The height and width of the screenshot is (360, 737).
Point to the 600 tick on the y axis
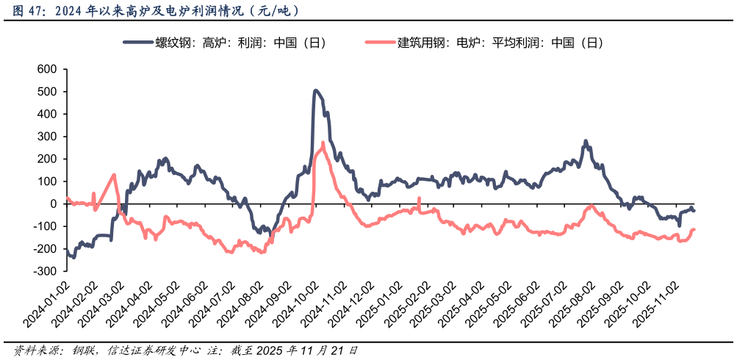47,69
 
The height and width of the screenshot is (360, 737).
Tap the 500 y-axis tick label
47,92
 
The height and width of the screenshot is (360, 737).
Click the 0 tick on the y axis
54,204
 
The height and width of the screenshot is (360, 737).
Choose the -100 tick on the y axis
46,226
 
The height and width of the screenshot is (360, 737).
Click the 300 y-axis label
47,137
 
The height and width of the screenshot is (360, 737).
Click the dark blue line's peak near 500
315,90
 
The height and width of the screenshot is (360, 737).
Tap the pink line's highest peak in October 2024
323,143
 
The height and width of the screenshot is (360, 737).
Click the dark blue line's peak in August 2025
586,141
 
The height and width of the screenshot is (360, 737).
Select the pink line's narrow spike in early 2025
419,198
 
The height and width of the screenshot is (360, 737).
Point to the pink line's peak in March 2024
114,175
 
